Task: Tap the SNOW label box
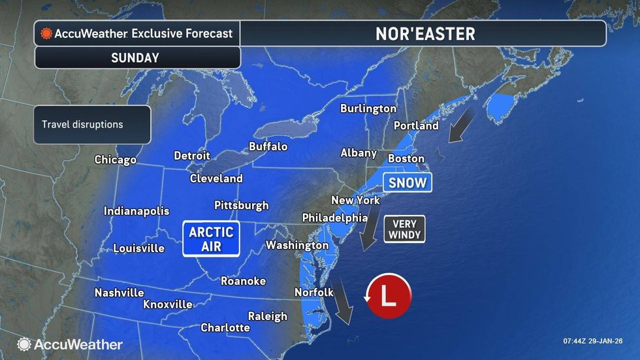pos(408,183)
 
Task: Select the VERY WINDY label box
pos(404,229)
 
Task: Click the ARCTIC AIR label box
pos(211,238)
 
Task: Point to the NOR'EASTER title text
pos(425,34)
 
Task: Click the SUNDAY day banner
pos(135,57)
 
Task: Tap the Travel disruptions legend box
pos(92,124)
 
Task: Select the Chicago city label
pos(116,159)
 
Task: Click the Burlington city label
pos(368,108)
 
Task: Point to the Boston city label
pos(406,158)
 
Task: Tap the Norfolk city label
pos(314,292)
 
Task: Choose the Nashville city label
pos(119,293)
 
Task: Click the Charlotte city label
pos(225,327)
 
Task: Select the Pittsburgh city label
pos(242,205)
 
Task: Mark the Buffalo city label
pos(268,147)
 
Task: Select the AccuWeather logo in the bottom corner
pos(70,344)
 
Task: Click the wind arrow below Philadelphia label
pos(369,233)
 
